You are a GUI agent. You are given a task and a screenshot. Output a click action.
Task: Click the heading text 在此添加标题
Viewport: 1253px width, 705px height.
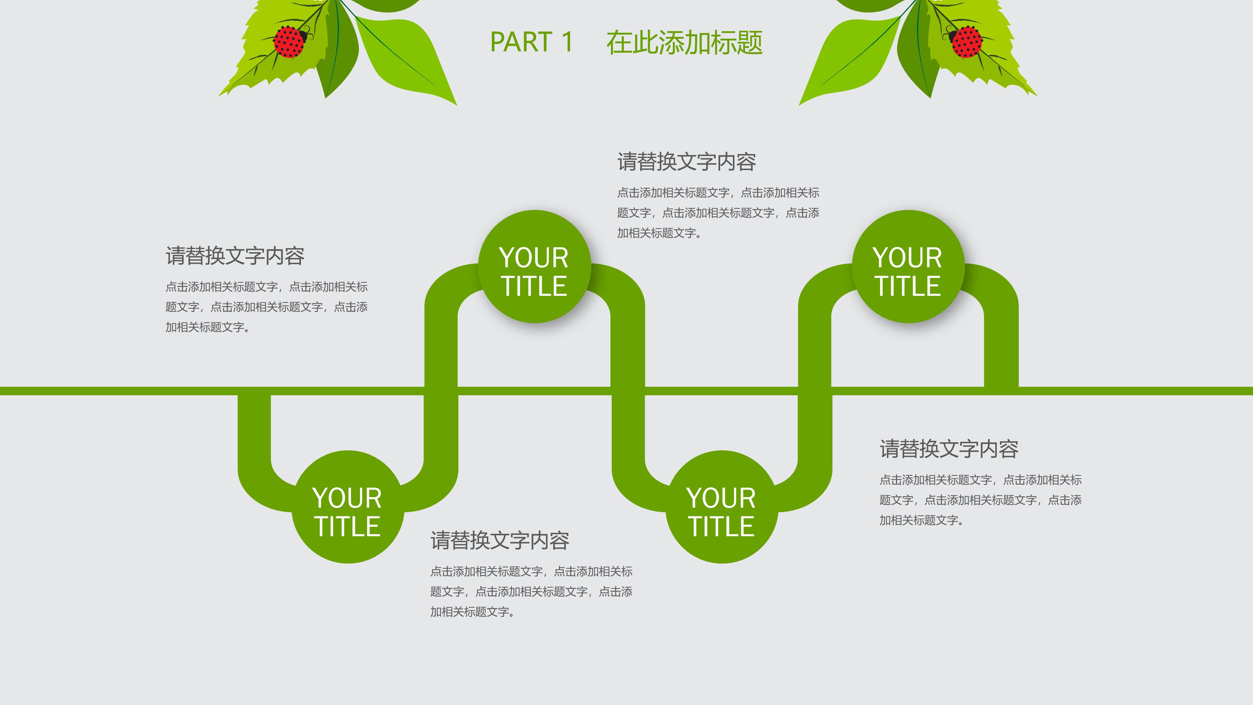point(684,42)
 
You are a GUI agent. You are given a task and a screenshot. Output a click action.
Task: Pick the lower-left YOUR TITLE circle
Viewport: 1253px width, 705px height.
point(347,507)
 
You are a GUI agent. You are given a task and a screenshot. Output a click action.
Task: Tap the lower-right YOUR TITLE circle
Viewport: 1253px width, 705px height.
point(721,507)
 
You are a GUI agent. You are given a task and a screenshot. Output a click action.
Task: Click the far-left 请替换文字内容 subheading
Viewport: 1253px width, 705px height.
point(235,256)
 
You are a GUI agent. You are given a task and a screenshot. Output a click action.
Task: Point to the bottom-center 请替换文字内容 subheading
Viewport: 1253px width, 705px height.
point(500,540)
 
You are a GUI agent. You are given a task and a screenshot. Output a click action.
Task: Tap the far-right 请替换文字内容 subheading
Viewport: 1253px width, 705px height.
point(949,448)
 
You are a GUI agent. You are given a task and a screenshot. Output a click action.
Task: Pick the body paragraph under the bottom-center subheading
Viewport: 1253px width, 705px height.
point(531,592)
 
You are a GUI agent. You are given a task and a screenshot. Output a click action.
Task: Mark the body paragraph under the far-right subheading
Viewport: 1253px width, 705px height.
point(980,500)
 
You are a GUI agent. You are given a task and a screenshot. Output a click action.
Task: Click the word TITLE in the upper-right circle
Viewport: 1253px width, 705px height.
point(908,286)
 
